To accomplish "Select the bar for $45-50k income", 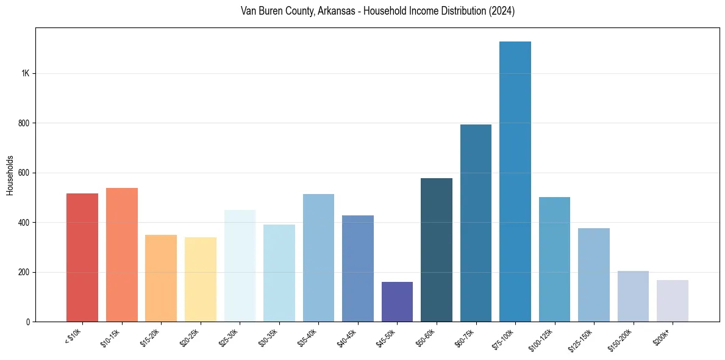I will (397, 301).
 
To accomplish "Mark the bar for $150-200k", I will (633, 296).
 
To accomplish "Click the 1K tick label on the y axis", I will (25, 73).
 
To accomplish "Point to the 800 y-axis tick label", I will (24, 123).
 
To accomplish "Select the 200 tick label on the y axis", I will (24, 272).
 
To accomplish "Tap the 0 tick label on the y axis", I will (27, 322).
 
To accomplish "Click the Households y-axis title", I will (10, 175).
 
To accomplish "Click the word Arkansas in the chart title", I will (335, 12).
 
